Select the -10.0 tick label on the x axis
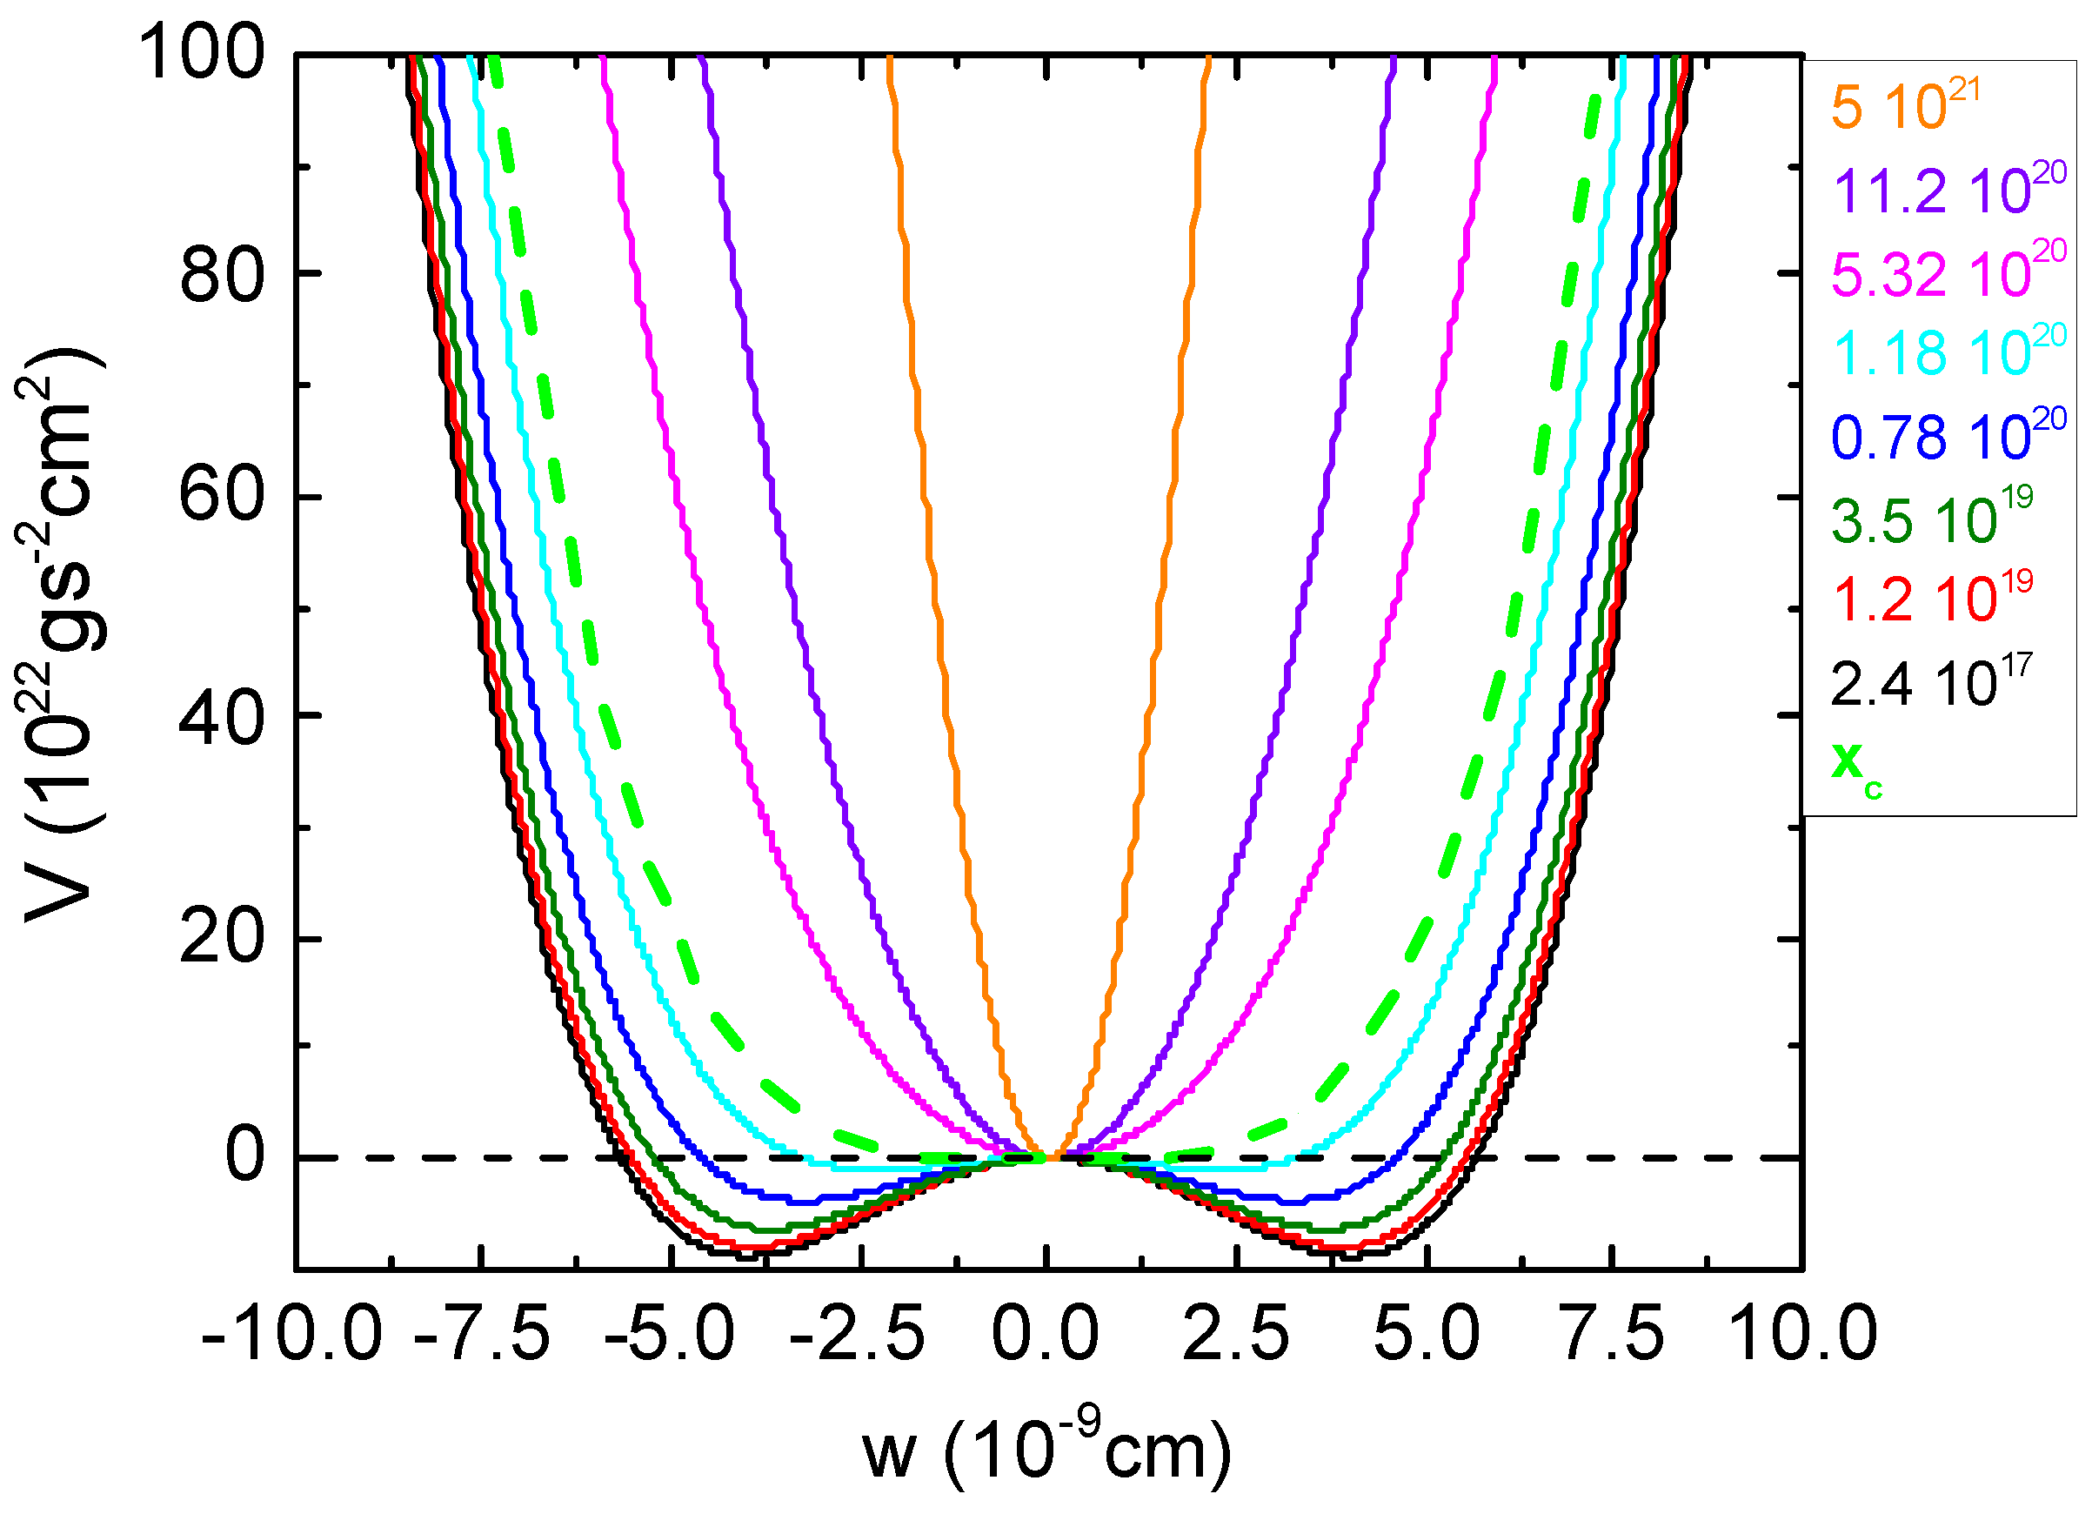coord(291,1334)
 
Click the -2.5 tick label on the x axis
coord(857,1334)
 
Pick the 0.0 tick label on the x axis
coord(1045,1334)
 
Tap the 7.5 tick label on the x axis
coord(1614,1334)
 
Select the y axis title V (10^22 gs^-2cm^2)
coord(60,637)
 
